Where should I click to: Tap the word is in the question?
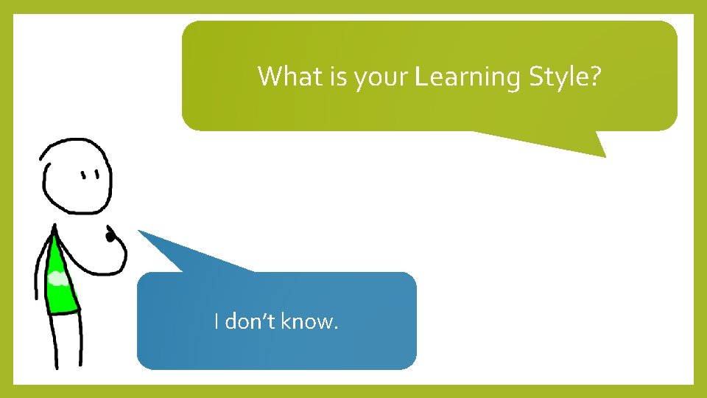337,76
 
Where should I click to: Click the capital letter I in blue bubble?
216,321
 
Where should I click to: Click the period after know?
336,327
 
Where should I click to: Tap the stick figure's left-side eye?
84,175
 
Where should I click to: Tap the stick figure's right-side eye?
97,175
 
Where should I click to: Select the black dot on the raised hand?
110,237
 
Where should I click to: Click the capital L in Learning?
421,76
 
